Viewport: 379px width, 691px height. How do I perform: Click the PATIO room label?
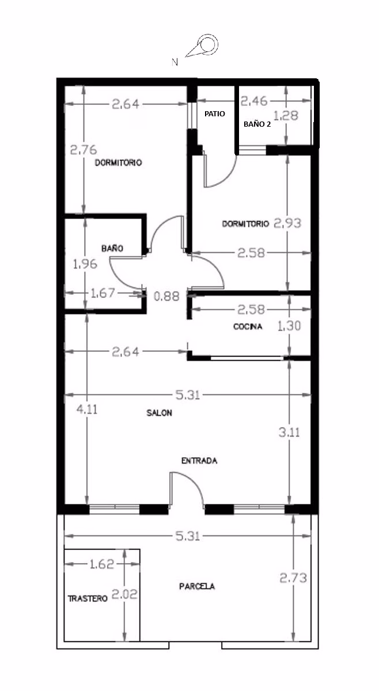click(215, 114)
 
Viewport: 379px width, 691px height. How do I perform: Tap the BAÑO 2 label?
click(257, 124)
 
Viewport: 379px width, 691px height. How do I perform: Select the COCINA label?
click(248, 326)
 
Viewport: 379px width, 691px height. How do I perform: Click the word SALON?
click(159, 413)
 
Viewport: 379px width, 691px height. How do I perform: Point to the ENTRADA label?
click(199, 461)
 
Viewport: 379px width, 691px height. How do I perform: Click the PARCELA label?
click(197, 586)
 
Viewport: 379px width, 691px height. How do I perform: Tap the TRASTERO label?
click(88, 599)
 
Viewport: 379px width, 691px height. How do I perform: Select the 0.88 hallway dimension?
click(166, 297)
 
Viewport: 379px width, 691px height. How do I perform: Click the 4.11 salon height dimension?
click(87, 409)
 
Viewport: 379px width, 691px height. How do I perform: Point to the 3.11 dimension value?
click(289, 432)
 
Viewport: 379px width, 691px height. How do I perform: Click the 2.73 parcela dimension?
click(293, 578)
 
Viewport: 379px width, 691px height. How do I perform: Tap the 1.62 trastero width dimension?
click(102, 564)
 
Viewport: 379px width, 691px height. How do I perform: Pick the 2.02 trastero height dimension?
click(124, 594)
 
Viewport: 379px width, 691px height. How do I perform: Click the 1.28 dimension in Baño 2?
click(286, 116)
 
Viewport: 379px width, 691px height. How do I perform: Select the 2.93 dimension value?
click(287, 223)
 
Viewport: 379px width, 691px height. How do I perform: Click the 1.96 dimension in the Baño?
click(85, 264)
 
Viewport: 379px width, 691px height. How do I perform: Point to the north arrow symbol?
click(202, 45)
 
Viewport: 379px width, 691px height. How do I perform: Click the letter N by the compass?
click(175, 62)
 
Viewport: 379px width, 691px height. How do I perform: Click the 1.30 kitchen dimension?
click(289, 326)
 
